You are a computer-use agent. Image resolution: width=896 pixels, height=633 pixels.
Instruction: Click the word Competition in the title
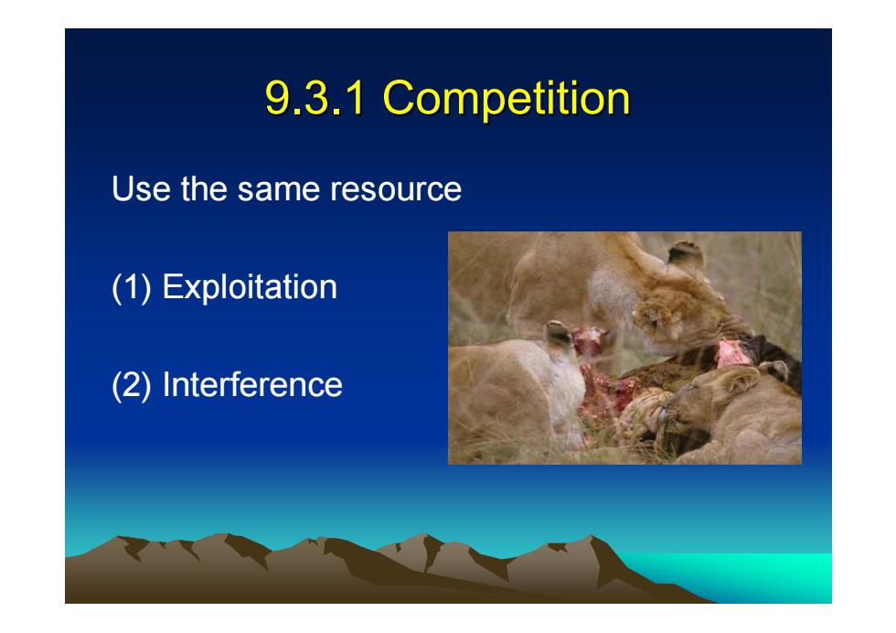coord(507,98)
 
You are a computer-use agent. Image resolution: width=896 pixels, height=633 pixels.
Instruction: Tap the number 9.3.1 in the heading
coord(315,98)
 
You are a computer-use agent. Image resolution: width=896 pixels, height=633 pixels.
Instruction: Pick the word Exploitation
coord(250,287)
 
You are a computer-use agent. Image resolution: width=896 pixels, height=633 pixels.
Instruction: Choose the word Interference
coord(252,384)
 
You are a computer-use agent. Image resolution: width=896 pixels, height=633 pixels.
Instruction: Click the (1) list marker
coord(132,287)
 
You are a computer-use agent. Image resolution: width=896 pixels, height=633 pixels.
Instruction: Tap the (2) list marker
coord(132,386)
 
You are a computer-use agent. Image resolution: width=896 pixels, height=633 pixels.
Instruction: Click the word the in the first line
coord(204,188)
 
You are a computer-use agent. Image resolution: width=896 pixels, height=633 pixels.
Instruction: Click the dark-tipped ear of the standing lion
coord(687,254)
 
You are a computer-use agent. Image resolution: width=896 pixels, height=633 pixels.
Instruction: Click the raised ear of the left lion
coord(559,334)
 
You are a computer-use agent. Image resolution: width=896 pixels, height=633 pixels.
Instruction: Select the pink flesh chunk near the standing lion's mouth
coord(731,353)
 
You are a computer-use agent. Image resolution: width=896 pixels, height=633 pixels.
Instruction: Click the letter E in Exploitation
coord(172,286)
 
